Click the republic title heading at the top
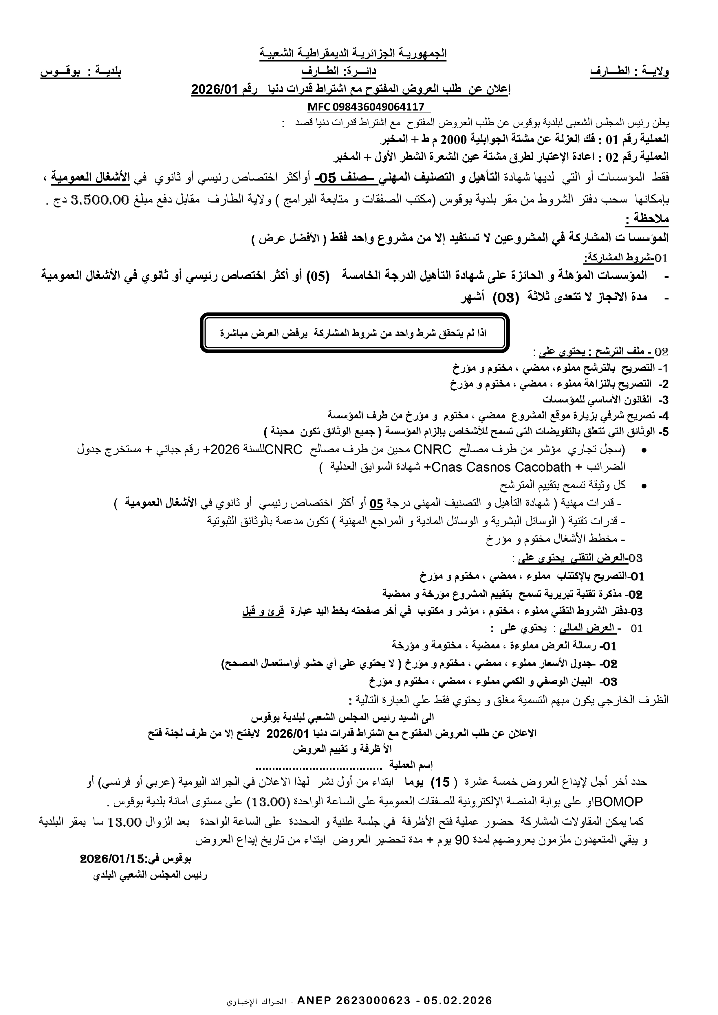pyautogui.click(x=353, y=54)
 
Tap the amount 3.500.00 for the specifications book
pyautogui.click(x=97, y=200)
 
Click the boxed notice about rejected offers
pyautogui.click(x=353, y=333)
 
